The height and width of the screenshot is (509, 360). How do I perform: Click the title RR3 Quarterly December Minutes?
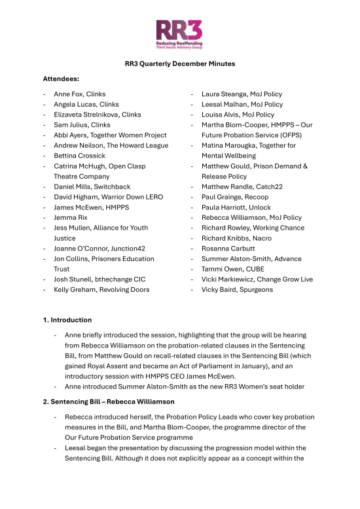(x=180, y=63)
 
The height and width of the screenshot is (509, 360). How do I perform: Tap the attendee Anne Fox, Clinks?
(x=79, y=94)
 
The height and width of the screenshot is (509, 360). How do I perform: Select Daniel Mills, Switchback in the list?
(x=92, y=186)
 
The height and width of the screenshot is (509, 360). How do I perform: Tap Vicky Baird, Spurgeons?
(x=237, y=289)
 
